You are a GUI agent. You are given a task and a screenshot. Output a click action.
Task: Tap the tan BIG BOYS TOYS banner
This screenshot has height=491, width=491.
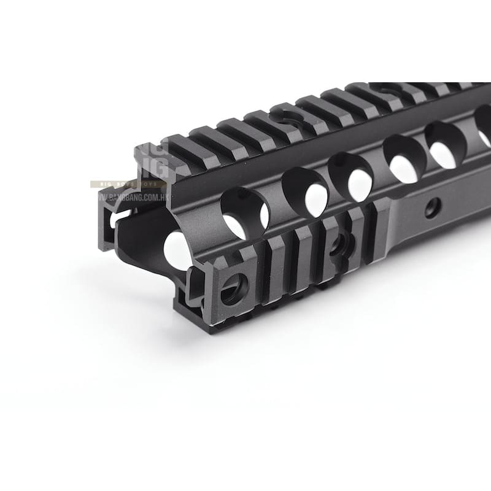[x=129, y=184]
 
